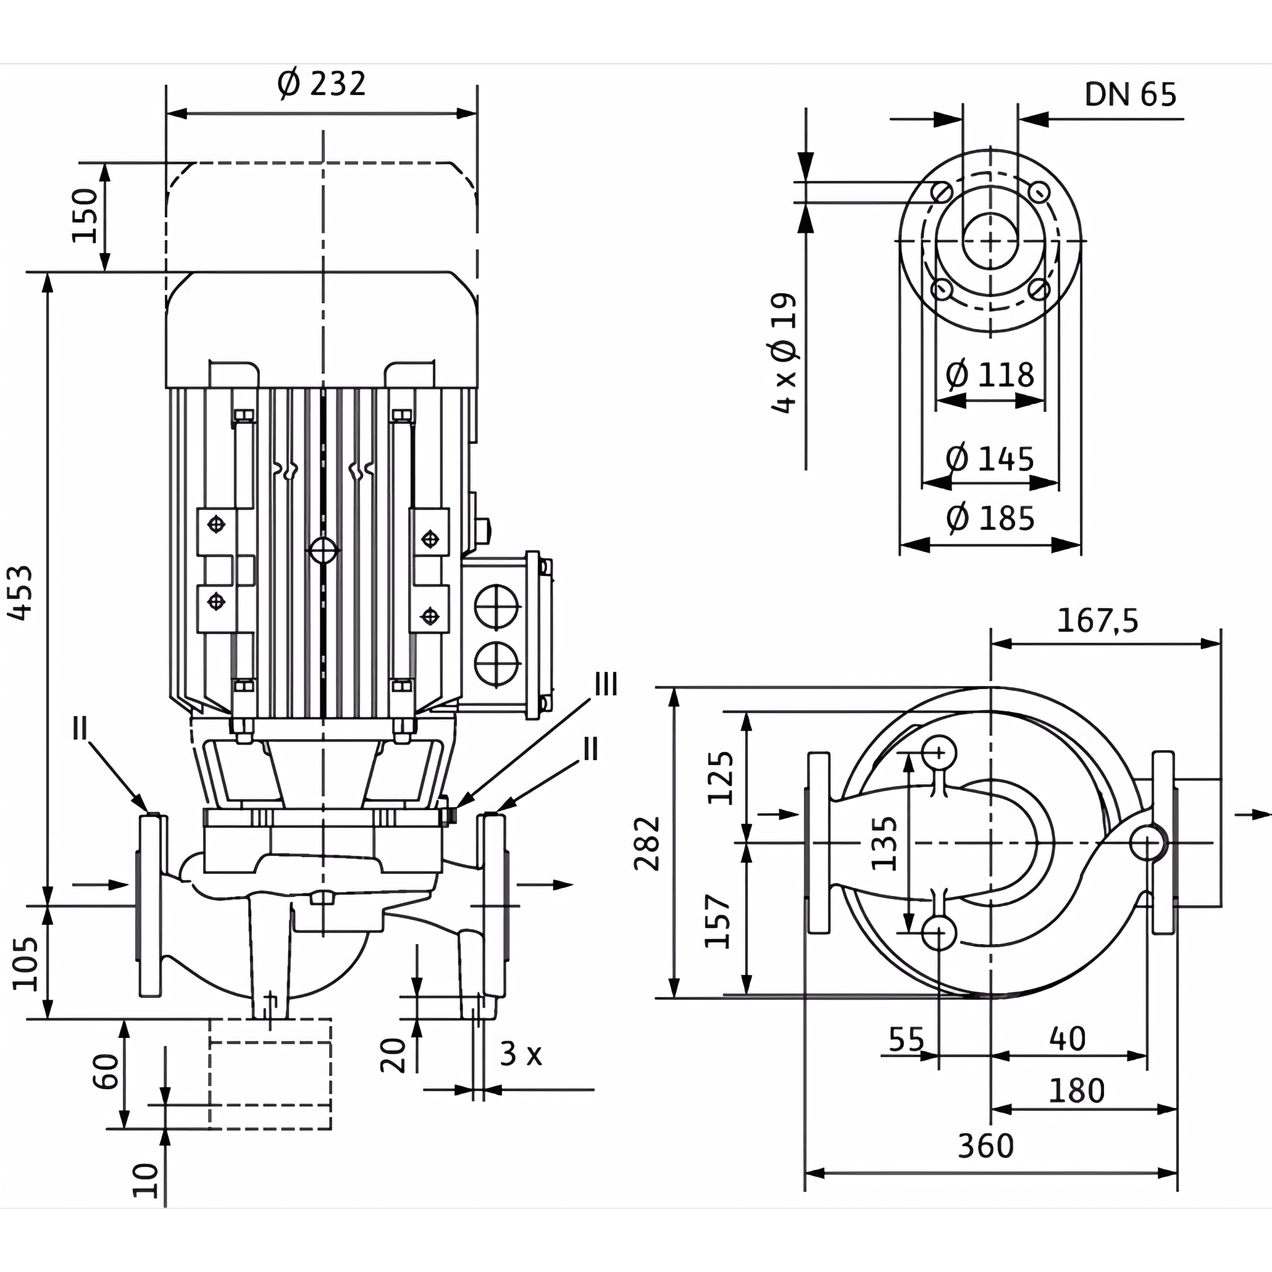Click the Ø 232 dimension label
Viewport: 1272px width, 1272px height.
[322, 83]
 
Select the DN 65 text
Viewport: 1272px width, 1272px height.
[1131, 95]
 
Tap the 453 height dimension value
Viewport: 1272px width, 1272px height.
[20, 592]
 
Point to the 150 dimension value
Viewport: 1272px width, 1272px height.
[85, 215]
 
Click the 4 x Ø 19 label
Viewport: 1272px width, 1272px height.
[784, 353]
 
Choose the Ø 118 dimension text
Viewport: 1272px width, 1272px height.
[990, 375]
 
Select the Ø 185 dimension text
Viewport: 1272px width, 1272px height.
[990, 518]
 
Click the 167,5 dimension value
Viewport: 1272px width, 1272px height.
[1097, 621]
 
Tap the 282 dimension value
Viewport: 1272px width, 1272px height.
[647, 843]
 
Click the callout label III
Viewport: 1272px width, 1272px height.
[606, 685]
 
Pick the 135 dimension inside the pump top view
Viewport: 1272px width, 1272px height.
[884, 843]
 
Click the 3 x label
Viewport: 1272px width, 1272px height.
[521, 1053]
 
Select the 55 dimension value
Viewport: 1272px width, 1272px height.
[906, 1040]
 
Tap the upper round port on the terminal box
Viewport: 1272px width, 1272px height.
[496, 607]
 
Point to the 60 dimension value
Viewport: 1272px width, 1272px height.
[106, 1072]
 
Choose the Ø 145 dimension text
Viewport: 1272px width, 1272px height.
[990, 459]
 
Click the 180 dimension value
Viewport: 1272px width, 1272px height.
[1076, 1091]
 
